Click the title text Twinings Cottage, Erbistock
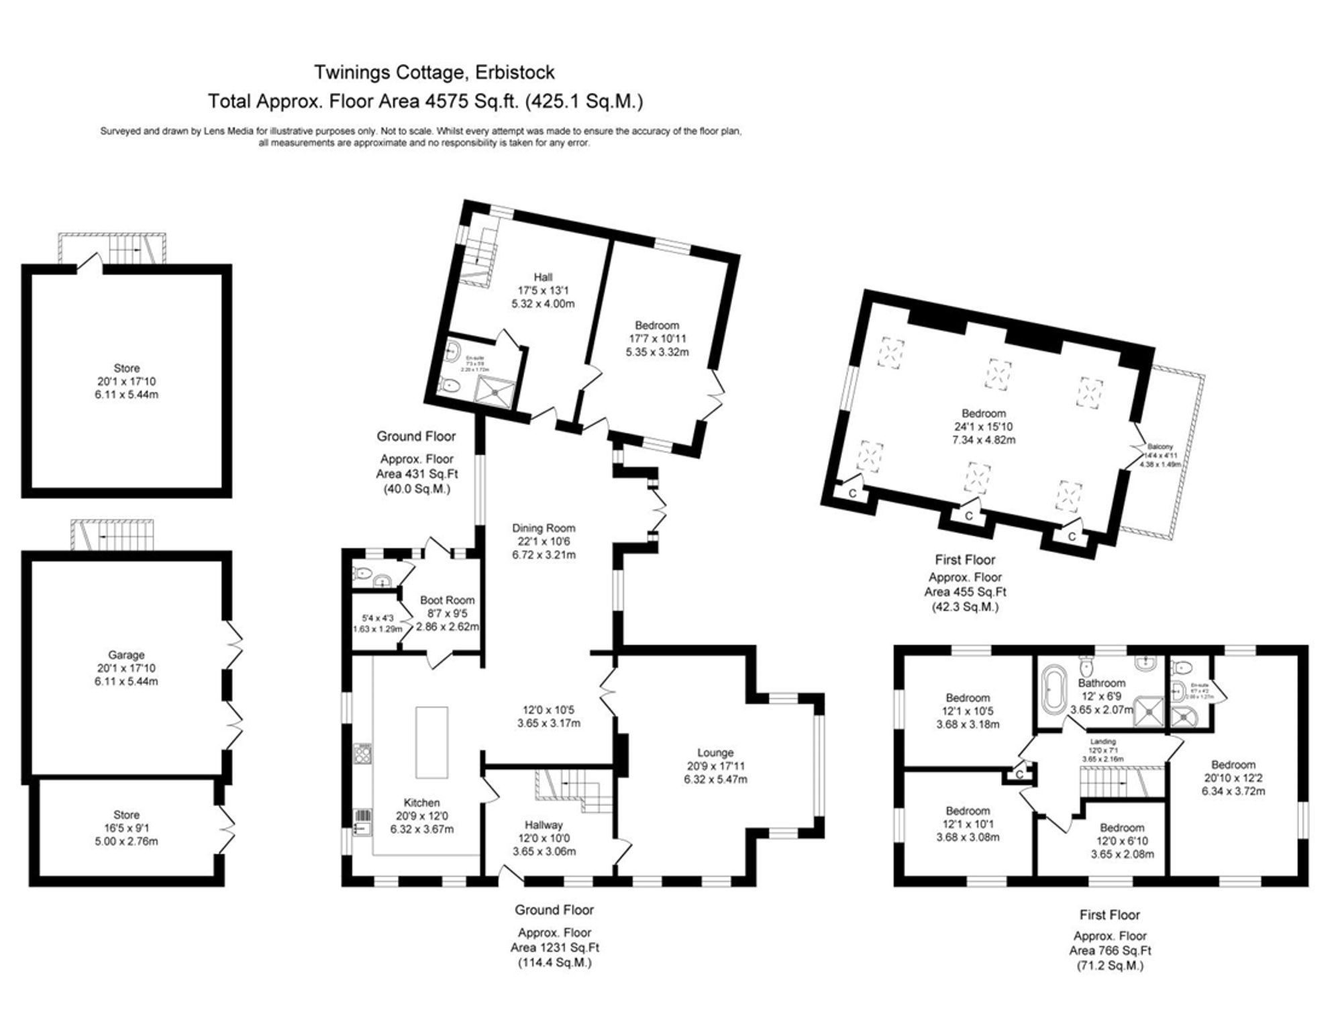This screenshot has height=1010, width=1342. click(434, 72)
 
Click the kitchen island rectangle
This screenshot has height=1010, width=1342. click(431, 742)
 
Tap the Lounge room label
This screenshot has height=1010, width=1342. click(715, 753)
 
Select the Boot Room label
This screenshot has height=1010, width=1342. click(447, 600)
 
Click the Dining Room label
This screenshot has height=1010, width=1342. click(544, 528)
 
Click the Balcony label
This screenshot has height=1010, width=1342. click(1160, 446)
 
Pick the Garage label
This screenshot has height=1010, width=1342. click(126, 655)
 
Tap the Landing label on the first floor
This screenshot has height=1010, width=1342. click(1102, 742)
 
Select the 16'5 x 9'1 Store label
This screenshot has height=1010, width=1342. click(126, 828)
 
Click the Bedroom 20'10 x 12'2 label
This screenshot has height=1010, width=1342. click(1233, 765)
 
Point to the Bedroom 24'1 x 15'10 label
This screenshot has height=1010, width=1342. click(984, 413)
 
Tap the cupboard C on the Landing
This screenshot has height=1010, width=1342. click(1019, 774)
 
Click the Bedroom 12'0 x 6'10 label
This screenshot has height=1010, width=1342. click(1121, 828)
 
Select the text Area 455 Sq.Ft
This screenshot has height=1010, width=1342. click(965, 592)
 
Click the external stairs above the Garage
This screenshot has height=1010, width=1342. click(113, 535)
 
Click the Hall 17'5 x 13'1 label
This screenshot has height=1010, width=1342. click(543, 277)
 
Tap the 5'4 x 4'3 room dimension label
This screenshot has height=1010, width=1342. click(377, 618)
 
